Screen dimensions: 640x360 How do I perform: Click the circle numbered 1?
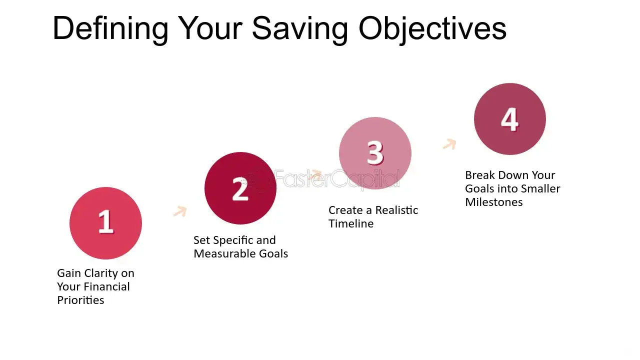(105, 223)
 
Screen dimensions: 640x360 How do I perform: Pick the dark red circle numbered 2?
(240, 188)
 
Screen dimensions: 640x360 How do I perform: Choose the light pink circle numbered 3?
(375, 153)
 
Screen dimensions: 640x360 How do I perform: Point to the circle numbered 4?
(510, 119)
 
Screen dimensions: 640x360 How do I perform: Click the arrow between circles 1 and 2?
(180, 211)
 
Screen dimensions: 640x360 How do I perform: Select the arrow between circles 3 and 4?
(449, 144)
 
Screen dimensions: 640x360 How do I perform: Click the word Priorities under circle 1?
(80, 300)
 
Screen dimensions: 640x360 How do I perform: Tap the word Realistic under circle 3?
(397, 210)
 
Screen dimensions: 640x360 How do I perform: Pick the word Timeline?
(351, 223)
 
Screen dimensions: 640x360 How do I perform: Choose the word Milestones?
(494, 202)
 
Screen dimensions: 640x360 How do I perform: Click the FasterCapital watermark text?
(336, 178)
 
